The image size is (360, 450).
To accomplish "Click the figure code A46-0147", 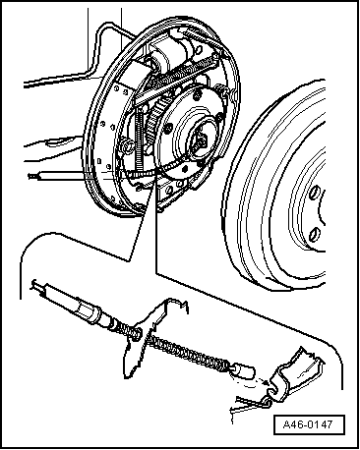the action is point(309,424).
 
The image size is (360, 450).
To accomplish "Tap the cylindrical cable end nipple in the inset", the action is point(244,370).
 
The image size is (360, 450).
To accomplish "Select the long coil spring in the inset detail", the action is point(187,352).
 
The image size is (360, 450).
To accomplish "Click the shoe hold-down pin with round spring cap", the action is point(127,145).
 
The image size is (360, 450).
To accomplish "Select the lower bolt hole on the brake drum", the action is point(314,234).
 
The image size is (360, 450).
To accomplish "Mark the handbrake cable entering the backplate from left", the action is point(59,176).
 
